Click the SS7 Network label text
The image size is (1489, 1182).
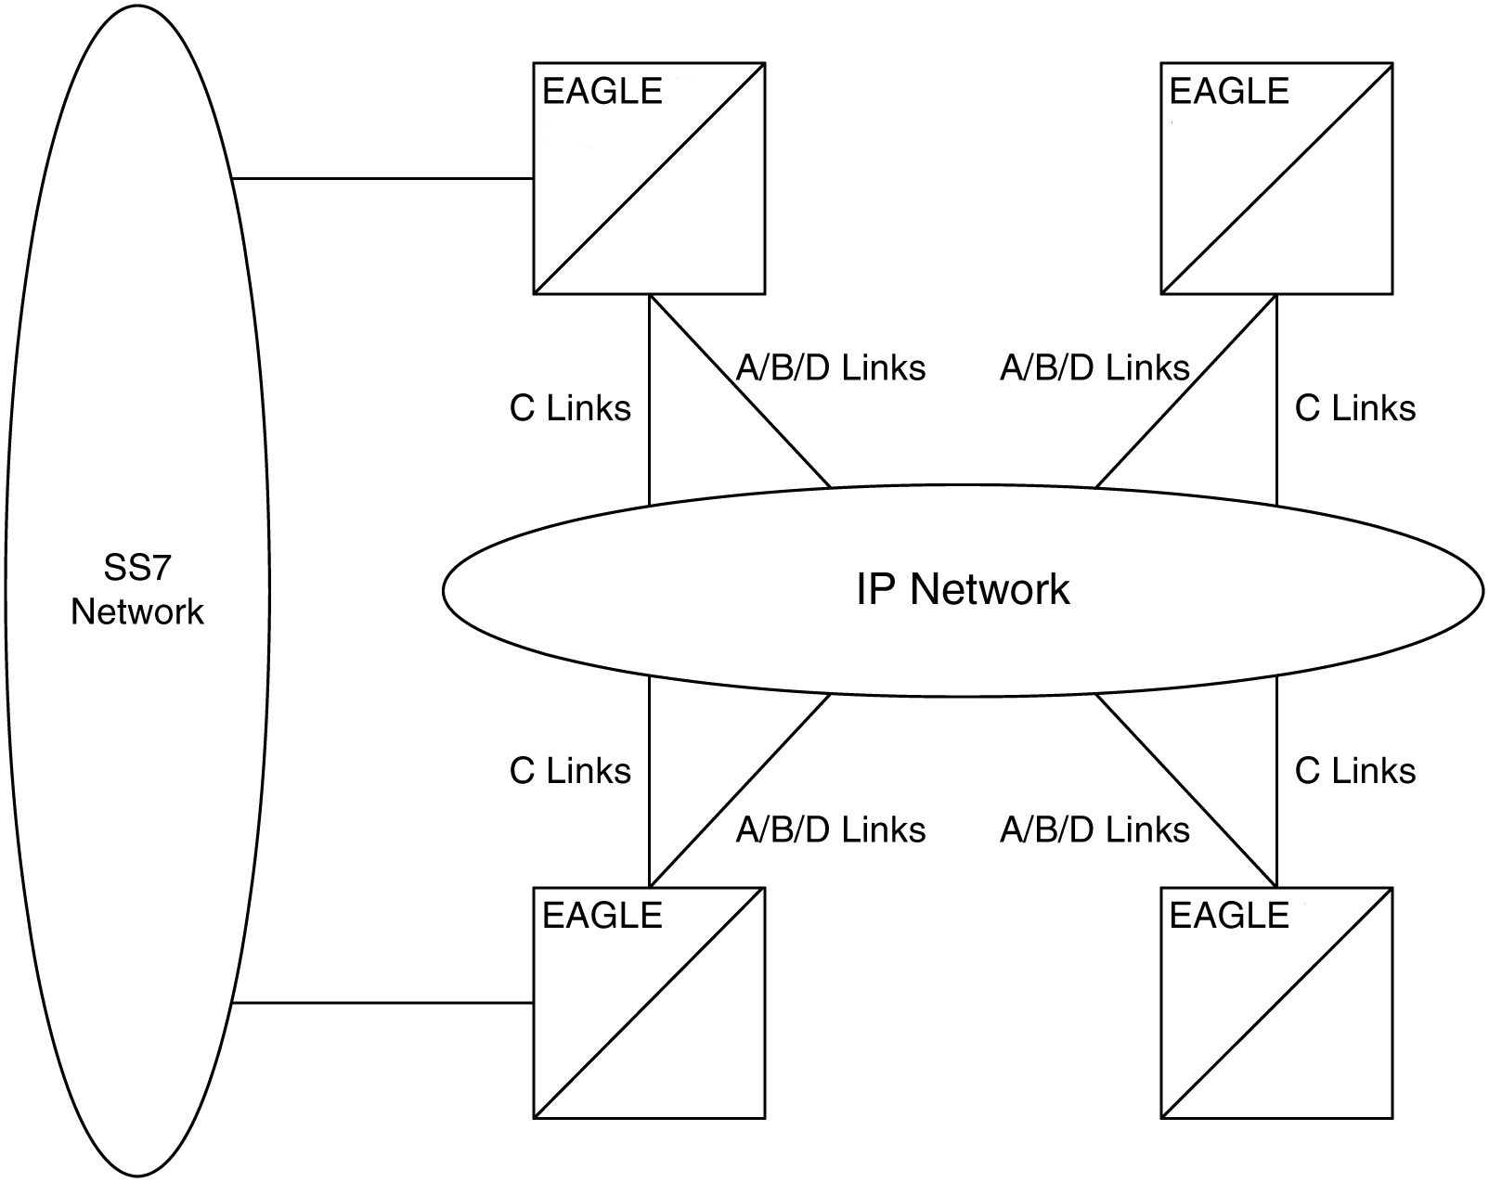click(137, 589)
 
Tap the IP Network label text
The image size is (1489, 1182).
click(963, 589)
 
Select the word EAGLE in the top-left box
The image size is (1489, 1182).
click(602, 91)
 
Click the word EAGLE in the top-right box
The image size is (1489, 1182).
click(1229, 91)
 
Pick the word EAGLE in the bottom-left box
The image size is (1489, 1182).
click(602, 916)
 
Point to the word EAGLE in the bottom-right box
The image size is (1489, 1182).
click(1229, 916)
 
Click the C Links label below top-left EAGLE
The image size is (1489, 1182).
click(570, 408)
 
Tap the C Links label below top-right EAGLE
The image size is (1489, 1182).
click(1354, 408)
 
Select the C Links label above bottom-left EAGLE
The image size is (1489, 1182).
click(570, 771)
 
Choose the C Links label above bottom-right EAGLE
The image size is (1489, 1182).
click(1354, 771)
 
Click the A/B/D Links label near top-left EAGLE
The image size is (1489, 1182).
click(831, 368)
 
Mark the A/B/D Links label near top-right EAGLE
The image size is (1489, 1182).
click(1094, 368)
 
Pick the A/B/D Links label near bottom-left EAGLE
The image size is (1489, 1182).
click(831, 829)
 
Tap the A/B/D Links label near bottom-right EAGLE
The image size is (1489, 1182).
click(1094, 829)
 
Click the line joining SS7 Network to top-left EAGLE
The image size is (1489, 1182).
click(381, 178)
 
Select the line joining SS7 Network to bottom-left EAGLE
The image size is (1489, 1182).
click(381, 1003)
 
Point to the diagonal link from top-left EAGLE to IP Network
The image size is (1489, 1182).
click(739, 390)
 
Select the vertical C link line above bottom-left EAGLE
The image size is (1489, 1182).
click(649, 779)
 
